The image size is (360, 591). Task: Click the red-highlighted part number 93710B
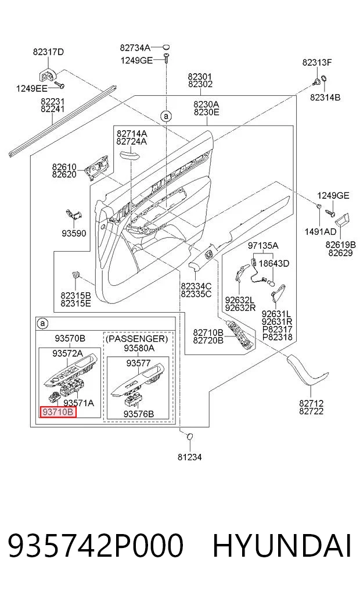[x=58, y=412]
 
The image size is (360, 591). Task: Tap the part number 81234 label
[x=190, y=457]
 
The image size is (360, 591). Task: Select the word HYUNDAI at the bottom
[x=282, y=546]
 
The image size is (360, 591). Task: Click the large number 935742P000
[x=96, y=546]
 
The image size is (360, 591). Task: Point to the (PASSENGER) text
[x=136, y=338]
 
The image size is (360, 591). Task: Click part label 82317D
[x=48, y=52]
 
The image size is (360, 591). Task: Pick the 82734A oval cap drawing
[x=165, y=47]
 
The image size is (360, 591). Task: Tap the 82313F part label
[x=316, y=63]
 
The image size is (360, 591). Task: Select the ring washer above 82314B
[x=324, y=80]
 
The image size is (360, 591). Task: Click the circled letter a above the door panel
[x=165, y=116]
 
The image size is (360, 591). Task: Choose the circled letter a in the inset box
[x=42, y=323]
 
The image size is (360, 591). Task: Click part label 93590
[x=74, y=233]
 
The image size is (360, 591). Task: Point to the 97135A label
[x=263, y=246]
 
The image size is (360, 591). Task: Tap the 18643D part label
[x=273, y=263]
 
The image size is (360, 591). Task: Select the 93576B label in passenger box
[x=139, y=414]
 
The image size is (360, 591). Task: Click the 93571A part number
[x=78, y=403]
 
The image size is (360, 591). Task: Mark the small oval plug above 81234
[x=190, y=436]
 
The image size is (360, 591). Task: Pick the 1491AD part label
[x=321, y=231]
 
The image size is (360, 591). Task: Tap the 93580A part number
[x=139, y=348]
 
